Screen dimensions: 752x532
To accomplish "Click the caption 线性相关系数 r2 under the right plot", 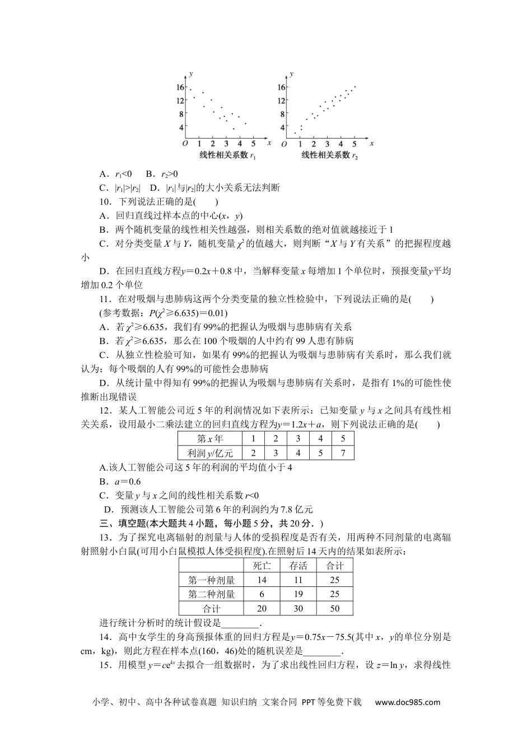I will point(329,155).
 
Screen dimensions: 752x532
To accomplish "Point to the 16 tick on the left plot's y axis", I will point(180,87).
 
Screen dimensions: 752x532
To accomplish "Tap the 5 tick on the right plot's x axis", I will point(355,144).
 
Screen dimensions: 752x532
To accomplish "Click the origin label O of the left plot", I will point(185,144).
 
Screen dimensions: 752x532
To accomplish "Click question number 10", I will point(104,202).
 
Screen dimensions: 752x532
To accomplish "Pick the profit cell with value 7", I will point(343,453).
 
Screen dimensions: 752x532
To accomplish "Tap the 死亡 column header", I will point(262,566).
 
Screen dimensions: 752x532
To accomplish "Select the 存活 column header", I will point(298,566).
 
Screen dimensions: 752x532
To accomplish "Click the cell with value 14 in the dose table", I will point(262,580).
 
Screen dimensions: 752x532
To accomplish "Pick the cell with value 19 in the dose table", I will point(298,594).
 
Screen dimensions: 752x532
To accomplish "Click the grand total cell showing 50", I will point(334,609).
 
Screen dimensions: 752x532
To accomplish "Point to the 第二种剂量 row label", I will point(211,594).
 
